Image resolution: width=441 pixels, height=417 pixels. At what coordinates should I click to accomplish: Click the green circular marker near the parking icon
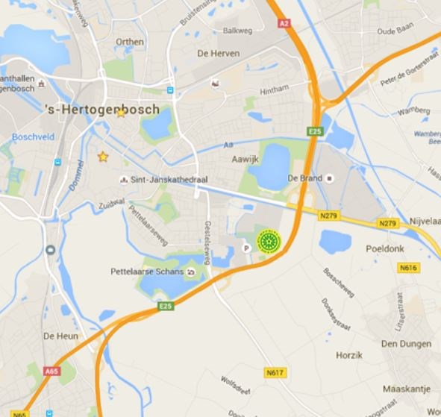coord(268,241)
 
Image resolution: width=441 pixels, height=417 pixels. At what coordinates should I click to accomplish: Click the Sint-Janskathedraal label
coord(162,180)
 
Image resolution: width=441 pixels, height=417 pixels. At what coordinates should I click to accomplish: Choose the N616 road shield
coord(407,267)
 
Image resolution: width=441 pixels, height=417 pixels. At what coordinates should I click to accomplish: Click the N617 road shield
coord(275,371)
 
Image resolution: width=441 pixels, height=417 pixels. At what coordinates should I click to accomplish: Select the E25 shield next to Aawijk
coord(313,131)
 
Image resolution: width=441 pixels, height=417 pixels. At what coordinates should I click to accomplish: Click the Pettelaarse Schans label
coord(147,272)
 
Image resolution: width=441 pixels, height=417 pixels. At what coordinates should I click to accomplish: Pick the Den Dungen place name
coord(406,344)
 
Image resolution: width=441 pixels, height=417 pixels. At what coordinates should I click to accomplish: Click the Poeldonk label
coord(384,248)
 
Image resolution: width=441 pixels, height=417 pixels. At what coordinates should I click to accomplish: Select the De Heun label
coord(60,336)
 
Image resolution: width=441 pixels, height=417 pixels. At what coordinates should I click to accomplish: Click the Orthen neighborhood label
coord(130,42)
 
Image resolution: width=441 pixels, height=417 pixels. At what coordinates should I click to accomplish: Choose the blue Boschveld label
coord(31,137)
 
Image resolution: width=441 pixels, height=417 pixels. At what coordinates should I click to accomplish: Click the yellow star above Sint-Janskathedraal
coord(103,157)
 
